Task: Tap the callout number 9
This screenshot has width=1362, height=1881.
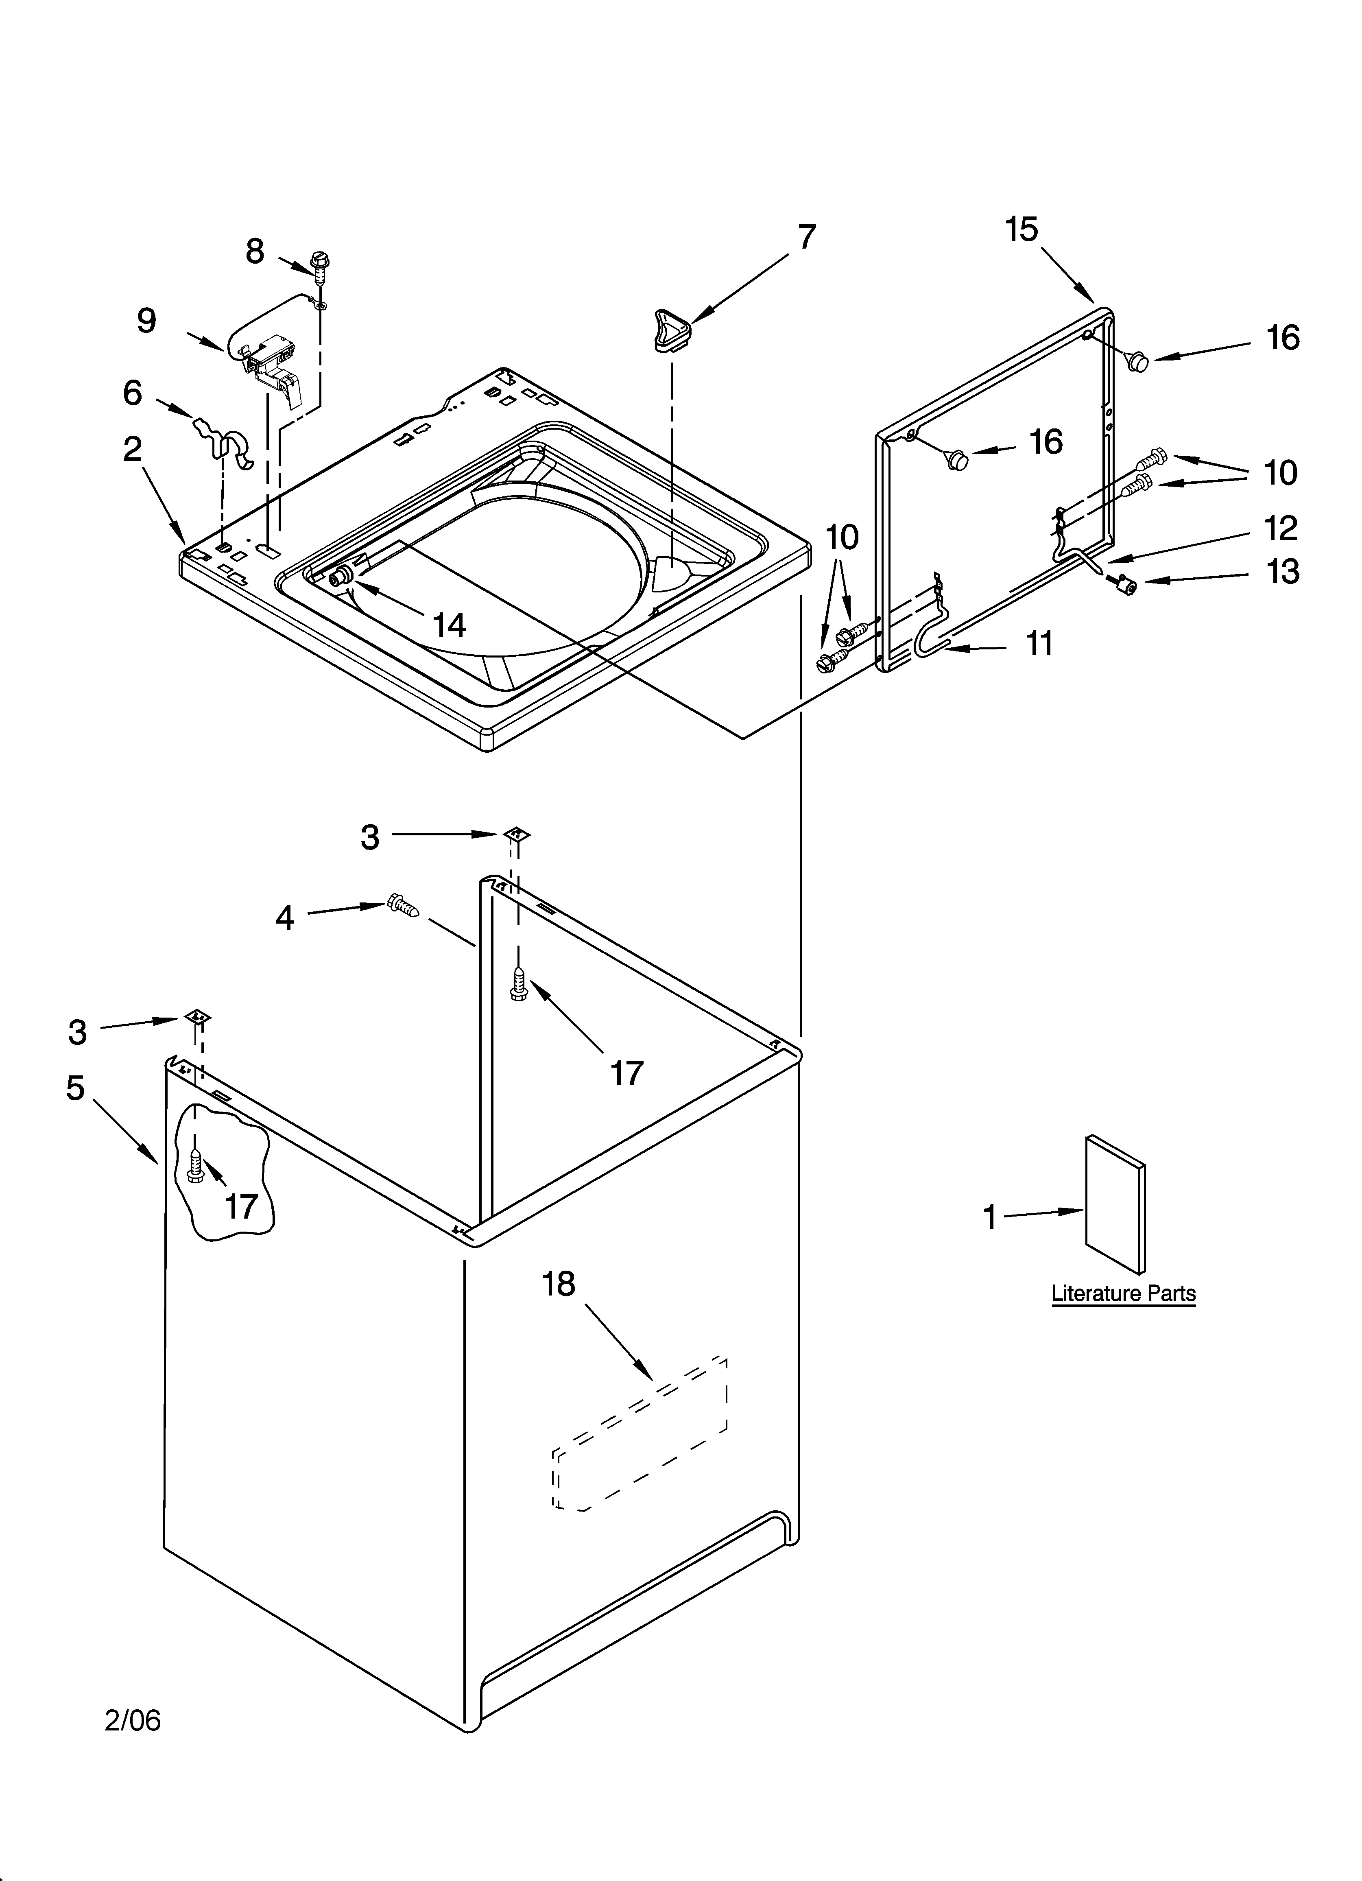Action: point(147,321)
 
